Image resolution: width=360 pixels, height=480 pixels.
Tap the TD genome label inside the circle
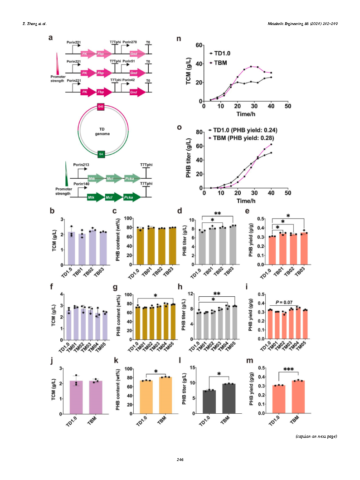pyautogui.click(x=101, y=132)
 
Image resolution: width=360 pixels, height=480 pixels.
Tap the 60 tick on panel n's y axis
pyautogui.click(x=198, y=45)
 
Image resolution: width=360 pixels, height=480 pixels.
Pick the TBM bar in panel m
pyautogui.click(x=297, y=397)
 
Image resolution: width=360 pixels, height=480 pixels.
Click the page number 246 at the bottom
pyautogui.click(x=180, y=460)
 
